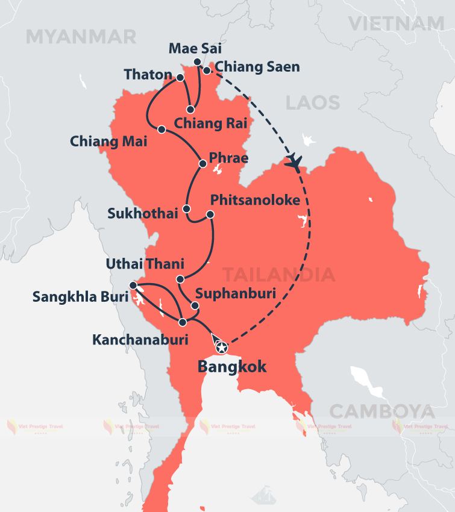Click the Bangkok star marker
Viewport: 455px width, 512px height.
click(221, 347)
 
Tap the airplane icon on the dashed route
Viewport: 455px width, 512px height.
click(294, 161)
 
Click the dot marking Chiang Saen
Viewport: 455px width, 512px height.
click(206, 70)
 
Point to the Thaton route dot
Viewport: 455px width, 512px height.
click(180, 78)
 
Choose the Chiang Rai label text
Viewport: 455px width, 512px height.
click(206, 123)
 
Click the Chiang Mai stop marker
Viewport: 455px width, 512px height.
click(161, 129)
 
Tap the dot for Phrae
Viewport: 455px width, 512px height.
click(202, 163)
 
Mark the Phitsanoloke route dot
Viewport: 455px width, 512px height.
click(210, 214)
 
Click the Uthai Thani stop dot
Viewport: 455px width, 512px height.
click(180, 279)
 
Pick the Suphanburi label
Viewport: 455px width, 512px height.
click(235, 295)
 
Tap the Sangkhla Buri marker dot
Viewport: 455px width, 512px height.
click(133, 286)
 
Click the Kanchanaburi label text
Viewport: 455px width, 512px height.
click(140, 340)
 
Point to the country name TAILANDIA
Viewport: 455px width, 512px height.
click(279, 275)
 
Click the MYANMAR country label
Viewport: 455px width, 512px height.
click(81, 37)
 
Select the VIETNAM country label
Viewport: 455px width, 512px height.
click(396, 23)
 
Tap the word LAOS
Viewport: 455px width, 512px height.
click(313, 102)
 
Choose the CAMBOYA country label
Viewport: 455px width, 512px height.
click(382, 412)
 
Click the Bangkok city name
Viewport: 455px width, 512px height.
click(232, 367)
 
